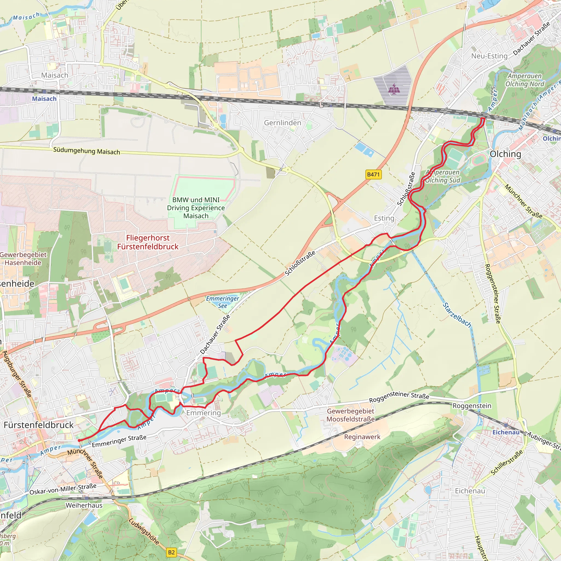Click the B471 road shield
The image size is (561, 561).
click(373, 174)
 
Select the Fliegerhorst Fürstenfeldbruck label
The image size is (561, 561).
click(148, 242)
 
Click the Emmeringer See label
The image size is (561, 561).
click(222, 302)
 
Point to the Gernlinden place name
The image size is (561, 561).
click(282, 123)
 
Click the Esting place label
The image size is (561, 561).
click(384, 218)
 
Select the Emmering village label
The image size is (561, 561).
click(203, 413)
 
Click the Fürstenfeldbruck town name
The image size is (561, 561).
click(39, 425)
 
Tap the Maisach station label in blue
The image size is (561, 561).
click(44, 99)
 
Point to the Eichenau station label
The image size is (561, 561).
click(506, 432)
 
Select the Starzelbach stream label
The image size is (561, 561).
click(456, 315)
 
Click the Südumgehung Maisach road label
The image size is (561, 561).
click(87, 151)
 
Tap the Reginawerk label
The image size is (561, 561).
click(362, 437)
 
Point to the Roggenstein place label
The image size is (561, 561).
click(472, 406)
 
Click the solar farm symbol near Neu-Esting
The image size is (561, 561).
click(393, 89)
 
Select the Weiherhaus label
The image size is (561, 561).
click(84, 505)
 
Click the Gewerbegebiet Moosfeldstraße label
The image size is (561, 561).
click(350, 415)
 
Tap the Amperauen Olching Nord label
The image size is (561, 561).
click(525, 80)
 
